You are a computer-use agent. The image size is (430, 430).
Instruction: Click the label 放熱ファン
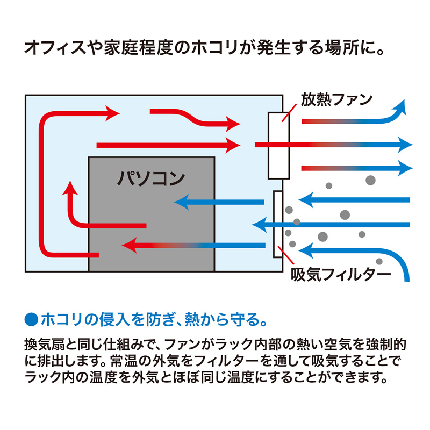coord(336,100)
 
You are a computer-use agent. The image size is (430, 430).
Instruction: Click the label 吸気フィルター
coord(340,275)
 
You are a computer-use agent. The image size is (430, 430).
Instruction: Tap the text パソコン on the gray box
coord(151,177)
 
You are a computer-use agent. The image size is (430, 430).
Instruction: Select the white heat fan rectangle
coord(279,145)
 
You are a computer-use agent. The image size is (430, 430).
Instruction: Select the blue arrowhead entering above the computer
coord(181,202)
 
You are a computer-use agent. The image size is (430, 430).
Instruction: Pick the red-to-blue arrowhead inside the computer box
coord(129,246)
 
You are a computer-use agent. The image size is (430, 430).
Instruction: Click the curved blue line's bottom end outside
coord(406,277)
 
